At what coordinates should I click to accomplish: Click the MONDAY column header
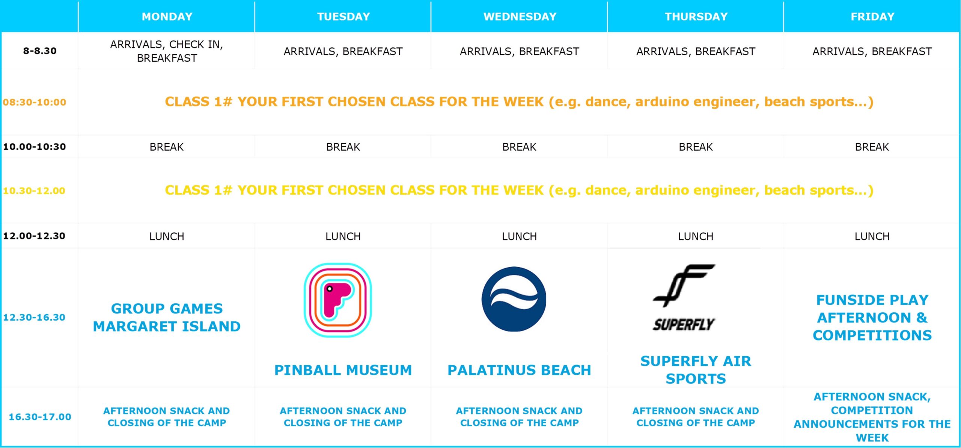[167, 17]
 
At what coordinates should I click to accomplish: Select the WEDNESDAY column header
[520, 17]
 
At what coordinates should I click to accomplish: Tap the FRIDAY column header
[872, 17]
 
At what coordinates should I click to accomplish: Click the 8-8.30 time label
[40, 51]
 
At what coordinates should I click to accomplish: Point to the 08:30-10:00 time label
[35, 102]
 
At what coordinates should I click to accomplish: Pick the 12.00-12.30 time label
[34, 236]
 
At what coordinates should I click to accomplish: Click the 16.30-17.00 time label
[40, 417]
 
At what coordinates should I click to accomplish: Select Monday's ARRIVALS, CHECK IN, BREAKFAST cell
[167, 51]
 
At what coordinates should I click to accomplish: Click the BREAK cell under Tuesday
[343, 147]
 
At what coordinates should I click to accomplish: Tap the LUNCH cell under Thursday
[696, 236]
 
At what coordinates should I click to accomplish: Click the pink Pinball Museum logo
[338, 300]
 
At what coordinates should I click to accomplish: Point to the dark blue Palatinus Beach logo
[514, 299]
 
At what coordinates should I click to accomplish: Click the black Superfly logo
[684, 298]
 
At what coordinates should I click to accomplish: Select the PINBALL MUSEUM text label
[343, 370]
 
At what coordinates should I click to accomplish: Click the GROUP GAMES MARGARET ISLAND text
[167, 318]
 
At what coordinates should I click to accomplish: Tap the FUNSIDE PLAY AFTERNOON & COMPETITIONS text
[872, 318]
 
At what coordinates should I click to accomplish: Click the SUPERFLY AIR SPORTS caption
[696, 370]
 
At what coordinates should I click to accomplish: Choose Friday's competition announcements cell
[872, 417]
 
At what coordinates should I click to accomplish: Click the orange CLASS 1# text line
[519, 102]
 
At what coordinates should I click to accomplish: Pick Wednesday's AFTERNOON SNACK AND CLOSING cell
[519, 417]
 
